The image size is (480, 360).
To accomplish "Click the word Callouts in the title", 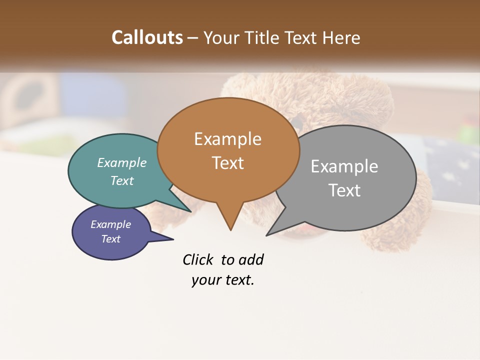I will pos(147,37).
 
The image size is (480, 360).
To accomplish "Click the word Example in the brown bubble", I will pos(227,139).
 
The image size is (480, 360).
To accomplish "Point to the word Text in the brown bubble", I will pos(228,163).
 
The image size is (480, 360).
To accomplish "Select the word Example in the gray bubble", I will pos(344,166).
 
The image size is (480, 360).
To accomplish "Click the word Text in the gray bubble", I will pos(344,190).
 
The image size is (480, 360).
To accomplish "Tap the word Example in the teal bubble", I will pos(122,163).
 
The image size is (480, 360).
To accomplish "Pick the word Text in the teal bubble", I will pos(122,180).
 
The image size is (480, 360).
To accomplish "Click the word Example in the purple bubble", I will pos(111,224).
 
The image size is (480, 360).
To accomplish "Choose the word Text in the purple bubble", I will pos(111,239).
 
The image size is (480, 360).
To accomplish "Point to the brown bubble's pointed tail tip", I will pos(230,229).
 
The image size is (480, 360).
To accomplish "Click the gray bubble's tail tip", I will pos(267,235).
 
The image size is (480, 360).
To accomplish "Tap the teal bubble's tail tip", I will pos(190,211).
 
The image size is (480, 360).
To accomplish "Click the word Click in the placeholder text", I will pos(199,259).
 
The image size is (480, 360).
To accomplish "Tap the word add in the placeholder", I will pos(251,259).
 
